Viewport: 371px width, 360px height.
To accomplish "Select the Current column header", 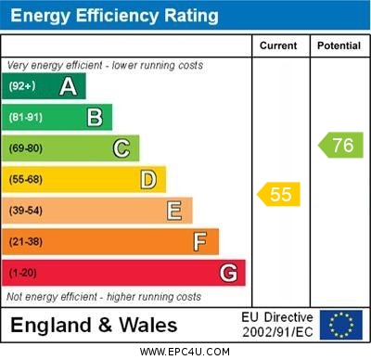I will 278,45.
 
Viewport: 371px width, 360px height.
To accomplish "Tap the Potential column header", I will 339,45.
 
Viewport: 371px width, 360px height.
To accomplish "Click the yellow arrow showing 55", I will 279,194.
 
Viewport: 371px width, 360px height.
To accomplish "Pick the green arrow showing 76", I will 341,145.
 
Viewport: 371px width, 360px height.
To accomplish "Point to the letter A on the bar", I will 68,86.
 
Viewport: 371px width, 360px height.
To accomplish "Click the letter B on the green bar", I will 95,117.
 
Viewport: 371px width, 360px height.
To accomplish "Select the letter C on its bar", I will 122,148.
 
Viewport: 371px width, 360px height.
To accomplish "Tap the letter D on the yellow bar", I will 148,179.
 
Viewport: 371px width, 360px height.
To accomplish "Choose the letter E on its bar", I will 174,211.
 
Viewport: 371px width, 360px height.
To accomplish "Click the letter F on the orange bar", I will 200,242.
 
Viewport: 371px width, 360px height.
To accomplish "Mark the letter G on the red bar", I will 228,273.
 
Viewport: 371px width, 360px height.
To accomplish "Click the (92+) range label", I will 21,86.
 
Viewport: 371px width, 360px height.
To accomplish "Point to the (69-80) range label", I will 26,148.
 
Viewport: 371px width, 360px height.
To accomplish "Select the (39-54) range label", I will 26,211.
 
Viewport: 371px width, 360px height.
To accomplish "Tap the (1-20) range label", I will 23,274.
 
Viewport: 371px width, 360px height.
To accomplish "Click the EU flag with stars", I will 341,325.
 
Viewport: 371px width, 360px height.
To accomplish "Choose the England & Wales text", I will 94,326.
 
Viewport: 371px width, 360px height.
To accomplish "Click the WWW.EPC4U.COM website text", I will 185,352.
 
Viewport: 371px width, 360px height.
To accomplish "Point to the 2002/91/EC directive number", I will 277,332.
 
